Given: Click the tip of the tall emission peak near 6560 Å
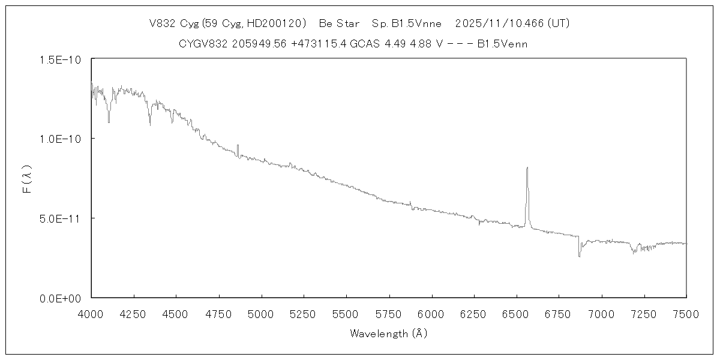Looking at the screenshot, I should (527, 168).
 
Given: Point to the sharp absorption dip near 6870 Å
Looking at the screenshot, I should (579, 256).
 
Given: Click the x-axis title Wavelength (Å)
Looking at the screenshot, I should (388, 334).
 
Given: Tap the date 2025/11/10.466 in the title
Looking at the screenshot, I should (499, 24).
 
